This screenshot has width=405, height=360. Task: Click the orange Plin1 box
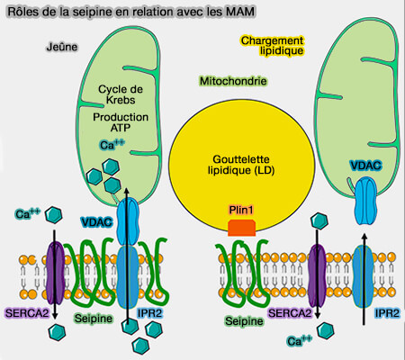point(241,229)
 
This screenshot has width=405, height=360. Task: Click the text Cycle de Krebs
point(121,94)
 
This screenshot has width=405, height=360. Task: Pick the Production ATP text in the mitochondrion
point(121,122)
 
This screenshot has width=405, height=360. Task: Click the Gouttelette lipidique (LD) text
point(239,164)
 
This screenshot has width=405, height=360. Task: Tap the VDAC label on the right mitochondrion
point(365,166)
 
